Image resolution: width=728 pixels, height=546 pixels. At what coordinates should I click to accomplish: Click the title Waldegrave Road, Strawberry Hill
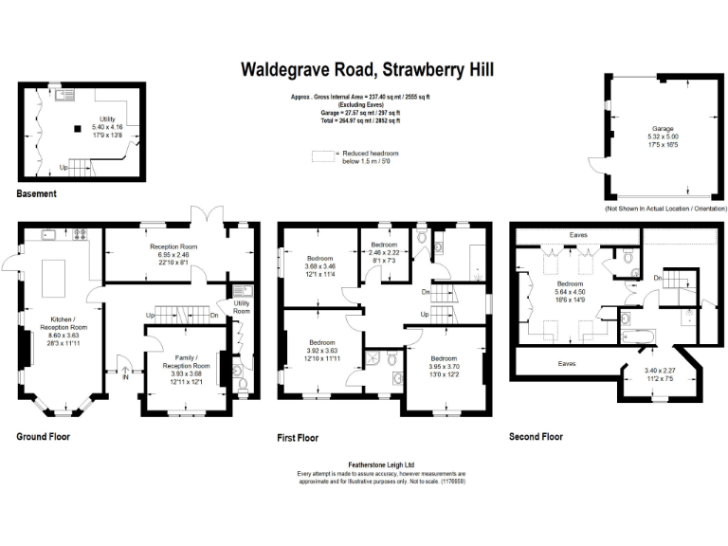pyautogui.click(x=367, y=69)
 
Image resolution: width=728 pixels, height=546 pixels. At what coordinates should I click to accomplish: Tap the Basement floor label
pyautogui.click(x=37, y=193)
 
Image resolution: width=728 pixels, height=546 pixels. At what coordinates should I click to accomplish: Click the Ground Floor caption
pyautogui.click(x=44, y=437)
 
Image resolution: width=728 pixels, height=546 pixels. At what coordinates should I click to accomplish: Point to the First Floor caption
pyautogui.click(x=299, y=438)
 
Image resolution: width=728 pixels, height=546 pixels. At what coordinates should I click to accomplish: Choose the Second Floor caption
pyautogui.click(x=537, y=437)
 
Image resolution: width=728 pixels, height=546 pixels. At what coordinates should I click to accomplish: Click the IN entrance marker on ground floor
pyautogui.click(x=123, y=375)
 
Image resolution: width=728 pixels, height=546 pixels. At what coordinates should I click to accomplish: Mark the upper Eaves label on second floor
pyautogui.click(x=578, y=234)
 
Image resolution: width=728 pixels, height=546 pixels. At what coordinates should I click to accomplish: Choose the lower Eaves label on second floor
pyautogui.click(x=567, y=362)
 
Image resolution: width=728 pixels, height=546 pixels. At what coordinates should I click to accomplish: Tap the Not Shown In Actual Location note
pyautogui.click(x=665, y=208)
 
